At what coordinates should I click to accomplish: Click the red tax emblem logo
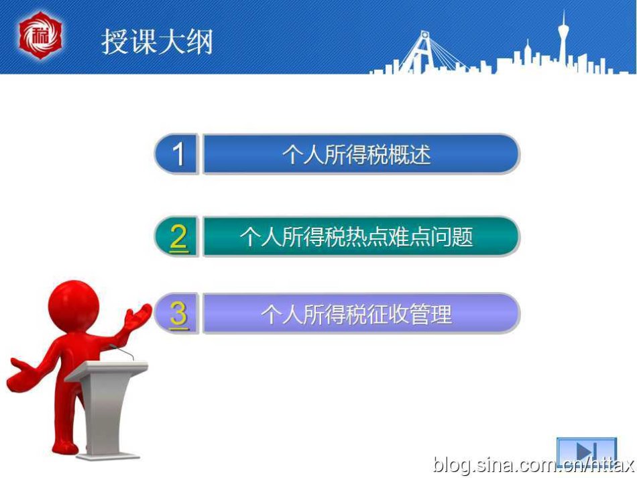(x=40, y=36)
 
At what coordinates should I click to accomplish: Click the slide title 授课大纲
(x=157, y=42)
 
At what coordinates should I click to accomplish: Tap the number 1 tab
(x=176, y=154)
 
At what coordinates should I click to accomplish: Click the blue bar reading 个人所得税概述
(x=361, y=154)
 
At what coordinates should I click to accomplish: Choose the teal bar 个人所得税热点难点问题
(x=361, y=236)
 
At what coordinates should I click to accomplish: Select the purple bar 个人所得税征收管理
(x=361, y=314)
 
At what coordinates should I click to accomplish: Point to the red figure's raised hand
(x=138, y=315)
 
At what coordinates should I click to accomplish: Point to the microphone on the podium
(x=121, y=351)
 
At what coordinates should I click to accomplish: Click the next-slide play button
(x=586, y=450)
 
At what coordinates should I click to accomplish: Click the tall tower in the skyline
(x=563, y=41)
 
